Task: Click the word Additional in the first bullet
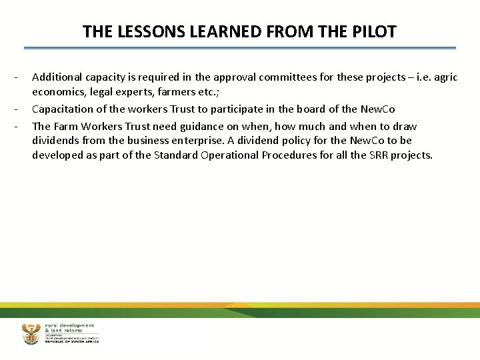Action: [x=56, y=77]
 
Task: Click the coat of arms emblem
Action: [x=31, y=333]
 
